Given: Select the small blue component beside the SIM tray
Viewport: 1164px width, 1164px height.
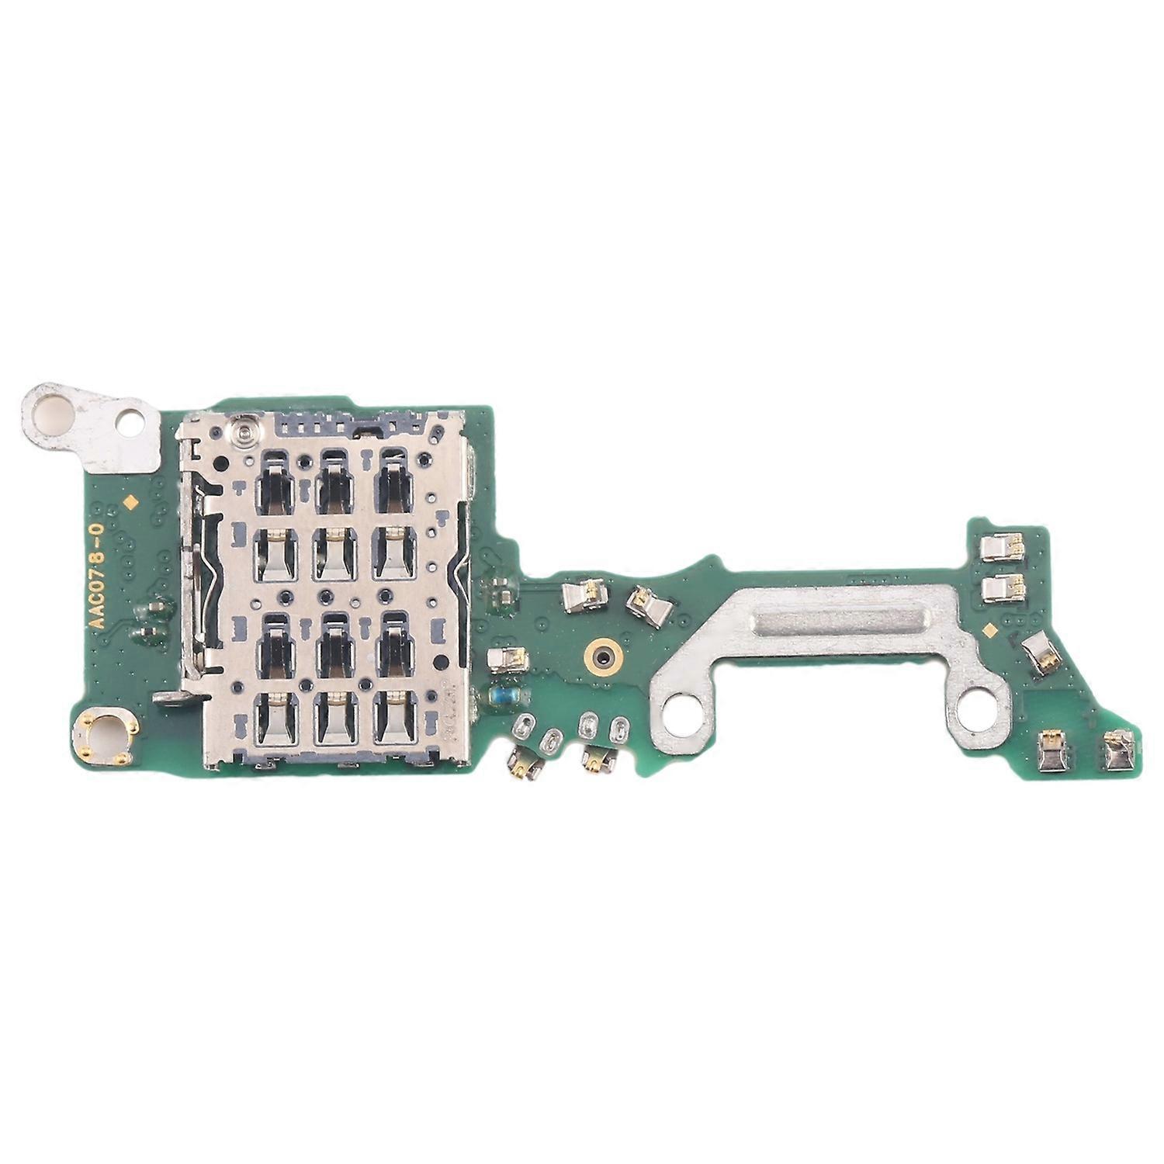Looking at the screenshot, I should pyautogui.click(x=496, y=695).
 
